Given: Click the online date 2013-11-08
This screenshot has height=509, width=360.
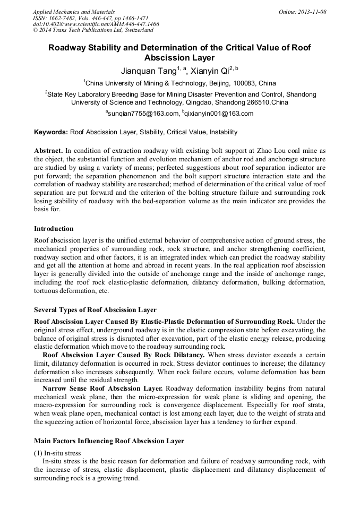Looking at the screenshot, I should click(312, 12).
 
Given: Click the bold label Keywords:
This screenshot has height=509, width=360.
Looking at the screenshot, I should click(51, 132).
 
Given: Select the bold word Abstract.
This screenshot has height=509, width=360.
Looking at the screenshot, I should click(49, 151).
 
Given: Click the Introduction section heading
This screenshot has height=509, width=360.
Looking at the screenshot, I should click(54, 229).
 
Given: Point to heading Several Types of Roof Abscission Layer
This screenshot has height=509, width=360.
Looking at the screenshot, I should click(95, 309).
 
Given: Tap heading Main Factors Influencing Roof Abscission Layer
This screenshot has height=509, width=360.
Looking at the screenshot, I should click(109, 441).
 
